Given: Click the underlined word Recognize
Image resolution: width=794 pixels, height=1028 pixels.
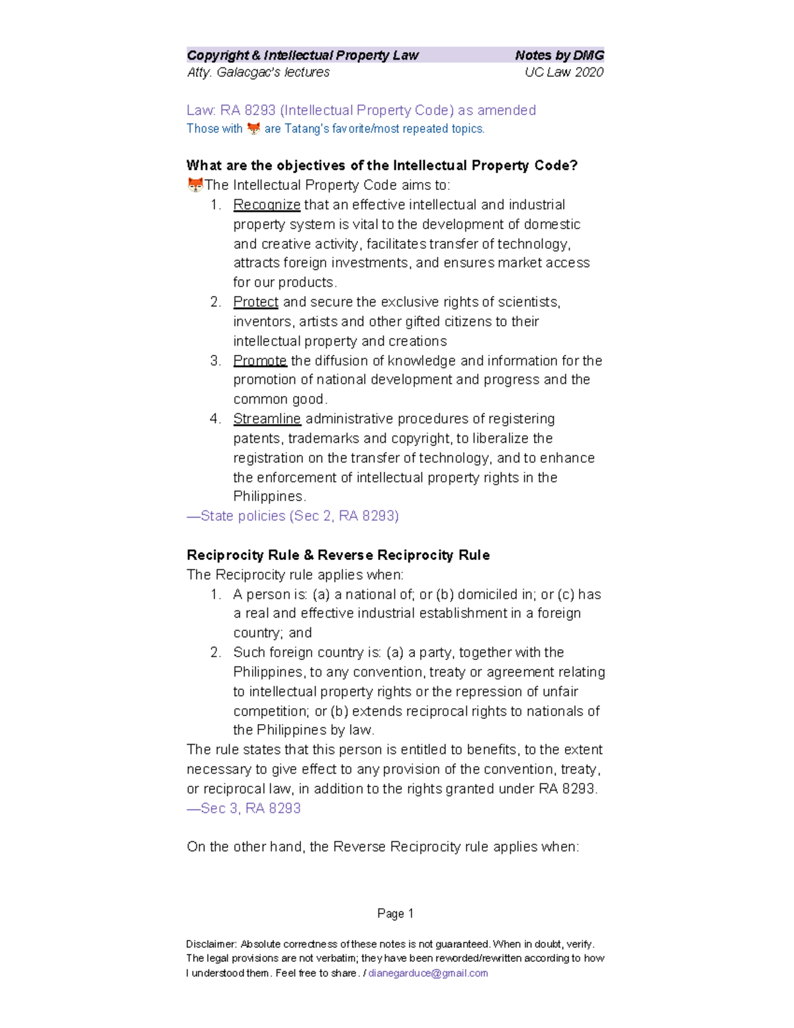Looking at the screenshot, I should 267,205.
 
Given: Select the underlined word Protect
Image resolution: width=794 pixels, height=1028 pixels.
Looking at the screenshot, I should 255,303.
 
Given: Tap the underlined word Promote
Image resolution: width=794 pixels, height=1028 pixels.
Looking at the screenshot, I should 260,361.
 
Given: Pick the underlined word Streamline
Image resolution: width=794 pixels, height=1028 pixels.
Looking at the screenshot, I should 267,419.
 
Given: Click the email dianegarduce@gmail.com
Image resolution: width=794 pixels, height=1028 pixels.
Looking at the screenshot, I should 428,973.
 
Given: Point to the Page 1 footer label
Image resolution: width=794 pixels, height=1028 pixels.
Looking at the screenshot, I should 395,913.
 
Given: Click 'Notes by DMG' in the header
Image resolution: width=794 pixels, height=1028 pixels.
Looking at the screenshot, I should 559,56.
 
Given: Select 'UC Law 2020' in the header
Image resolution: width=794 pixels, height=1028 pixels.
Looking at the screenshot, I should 564,72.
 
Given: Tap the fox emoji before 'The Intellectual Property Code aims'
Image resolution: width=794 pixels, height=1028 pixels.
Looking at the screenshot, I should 195,185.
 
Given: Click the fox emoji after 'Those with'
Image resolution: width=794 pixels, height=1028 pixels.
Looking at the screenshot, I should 253,128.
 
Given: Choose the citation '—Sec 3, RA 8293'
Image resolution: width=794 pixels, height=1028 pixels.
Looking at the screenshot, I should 243,808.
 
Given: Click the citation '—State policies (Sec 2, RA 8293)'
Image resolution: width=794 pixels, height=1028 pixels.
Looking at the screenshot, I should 292,516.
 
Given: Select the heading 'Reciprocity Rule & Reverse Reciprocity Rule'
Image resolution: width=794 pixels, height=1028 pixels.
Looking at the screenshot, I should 338,555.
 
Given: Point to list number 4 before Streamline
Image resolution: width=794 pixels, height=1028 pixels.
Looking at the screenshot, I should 215,419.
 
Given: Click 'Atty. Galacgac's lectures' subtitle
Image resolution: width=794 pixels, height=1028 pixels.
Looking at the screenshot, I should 258,72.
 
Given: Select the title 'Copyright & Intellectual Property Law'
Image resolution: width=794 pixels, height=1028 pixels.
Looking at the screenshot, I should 302,56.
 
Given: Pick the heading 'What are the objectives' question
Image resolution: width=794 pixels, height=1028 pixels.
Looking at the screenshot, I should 382,165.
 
